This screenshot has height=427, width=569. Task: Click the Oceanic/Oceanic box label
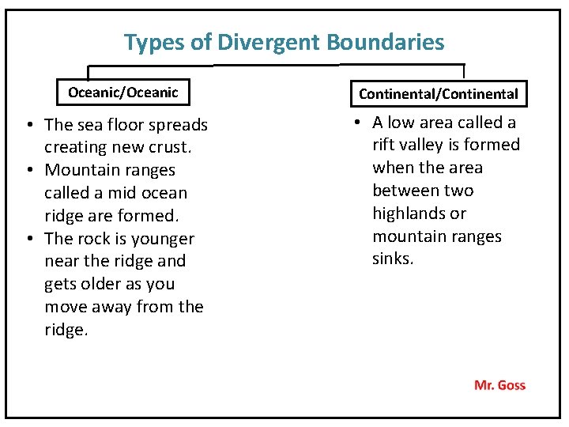coord(122,93)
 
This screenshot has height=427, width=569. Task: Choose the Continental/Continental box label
coord(439,94)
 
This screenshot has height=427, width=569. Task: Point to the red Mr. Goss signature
coord(499,385)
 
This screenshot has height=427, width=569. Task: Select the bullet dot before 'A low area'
coord(357,123)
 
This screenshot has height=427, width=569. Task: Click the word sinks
coord(393,259)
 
